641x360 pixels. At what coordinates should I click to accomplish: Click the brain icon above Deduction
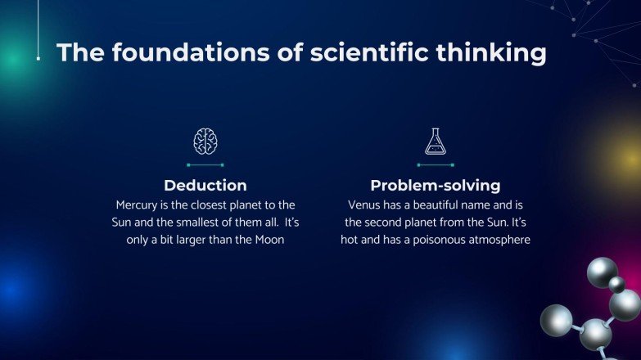(205, 142)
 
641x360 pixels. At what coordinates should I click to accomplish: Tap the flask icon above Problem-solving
(435, 142)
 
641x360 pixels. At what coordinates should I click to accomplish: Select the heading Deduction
(205, 185)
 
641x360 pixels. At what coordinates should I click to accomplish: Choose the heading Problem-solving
(435, 185)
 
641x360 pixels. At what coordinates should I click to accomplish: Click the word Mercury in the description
(139, 204)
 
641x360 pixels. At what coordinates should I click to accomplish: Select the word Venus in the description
(365, 204)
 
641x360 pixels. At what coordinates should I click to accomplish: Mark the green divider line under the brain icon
(205, 164)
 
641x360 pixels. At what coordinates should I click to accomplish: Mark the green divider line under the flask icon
(435, 164)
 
